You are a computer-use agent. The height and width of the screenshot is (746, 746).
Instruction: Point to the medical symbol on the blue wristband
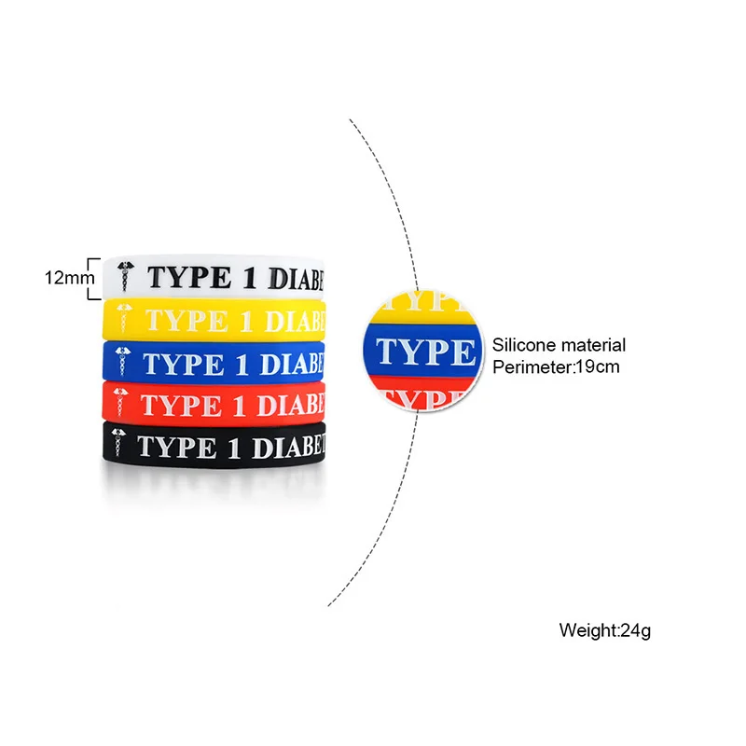click(121, 363)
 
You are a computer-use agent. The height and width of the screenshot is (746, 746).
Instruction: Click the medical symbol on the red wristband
click(121, 406)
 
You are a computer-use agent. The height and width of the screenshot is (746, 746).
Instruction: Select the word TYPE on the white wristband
click(182, 278)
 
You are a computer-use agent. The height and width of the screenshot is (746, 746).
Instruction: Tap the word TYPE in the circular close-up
click(424, 352)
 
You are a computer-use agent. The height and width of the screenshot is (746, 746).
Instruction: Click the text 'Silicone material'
click(559, 345)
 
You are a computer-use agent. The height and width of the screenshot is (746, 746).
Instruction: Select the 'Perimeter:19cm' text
click(556, 366)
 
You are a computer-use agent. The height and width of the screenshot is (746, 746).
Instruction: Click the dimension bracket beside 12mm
click(92, 278)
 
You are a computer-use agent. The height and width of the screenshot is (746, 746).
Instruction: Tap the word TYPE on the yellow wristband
click(181, 320)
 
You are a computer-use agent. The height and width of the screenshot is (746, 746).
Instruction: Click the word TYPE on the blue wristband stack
click(181, 363)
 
